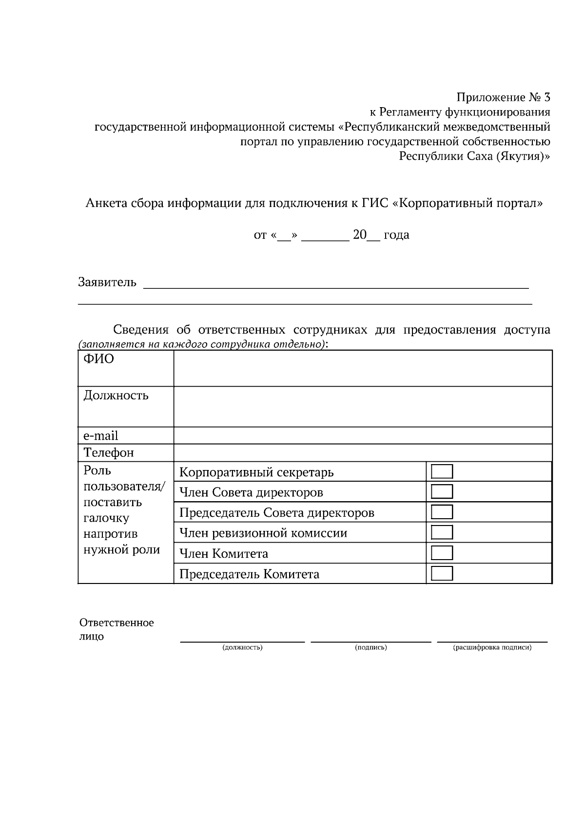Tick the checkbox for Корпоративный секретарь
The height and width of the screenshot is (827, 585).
[442, 471]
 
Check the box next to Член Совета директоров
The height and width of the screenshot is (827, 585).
[442, 491]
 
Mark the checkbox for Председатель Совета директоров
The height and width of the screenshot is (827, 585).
[442, 512]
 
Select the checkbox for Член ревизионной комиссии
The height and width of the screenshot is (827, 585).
[442, 532]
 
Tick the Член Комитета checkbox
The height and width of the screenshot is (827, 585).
[442, 553]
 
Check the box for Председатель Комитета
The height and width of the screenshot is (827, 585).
[442, 573]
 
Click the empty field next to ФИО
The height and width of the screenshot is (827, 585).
[363, 368]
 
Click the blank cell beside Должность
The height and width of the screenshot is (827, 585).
[363, 407]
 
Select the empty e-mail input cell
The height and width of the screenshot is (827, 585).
[363, 435]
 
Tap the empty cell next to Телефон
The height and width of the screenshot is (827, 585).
[363, 452]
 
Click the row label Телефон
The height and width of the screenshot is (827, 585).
[109, 452]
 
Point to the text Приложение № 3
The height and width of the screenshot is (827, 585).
[503, 97]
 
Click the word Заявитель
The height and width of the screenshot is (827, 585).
[107, 282]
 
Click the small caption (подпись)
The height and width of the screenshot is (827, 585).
[371, 647]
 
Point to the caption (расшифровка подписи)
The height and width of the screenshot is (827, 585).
[492, 647]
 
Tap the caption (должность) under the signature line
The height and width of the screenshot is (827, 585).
[242, 647]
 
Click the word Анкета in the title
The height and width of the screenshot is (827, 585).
[106, 203]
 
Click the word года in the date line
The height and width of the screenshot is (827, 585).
[396, 235]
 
